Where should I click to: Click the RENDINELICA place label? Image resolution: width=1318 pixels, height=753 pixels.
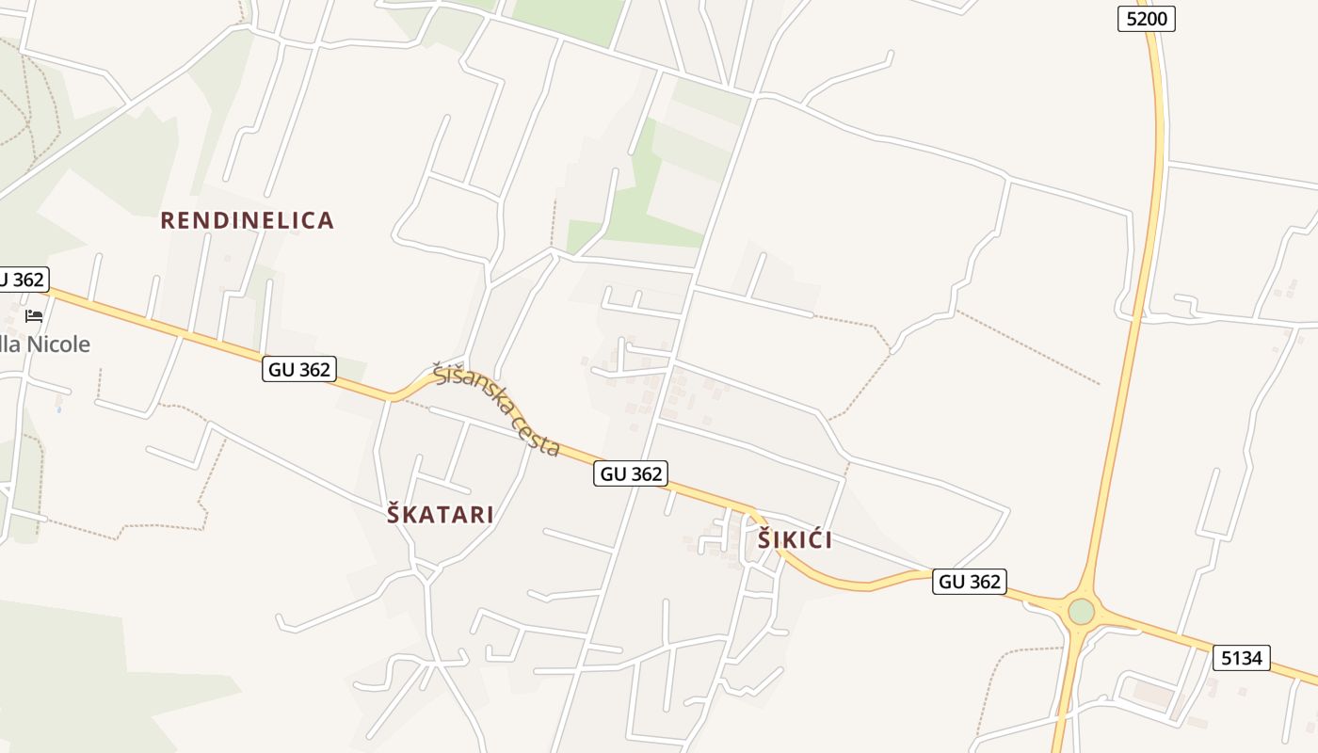[247, 220]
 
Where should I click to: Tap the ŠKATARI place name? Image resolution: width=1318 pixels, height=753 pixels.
[440, 515]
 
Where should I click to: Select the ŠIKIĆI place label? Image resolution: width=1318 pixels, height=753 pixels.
[795, 540]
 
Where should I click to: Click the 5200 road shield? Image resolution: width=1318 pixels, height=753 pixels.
[1146, 19]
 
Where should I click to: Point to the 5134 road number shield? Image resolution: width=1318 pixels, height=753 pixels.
[1241, 658]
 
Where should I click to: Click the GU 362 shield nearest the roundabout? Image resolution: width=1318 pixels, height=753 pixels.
[970, 582]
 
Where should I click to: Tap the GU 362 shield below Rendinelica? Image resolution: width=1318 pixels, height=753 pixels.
[299, 370]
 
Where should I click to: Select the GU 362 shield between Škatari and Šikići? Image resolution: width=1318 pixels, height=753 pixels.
[631, 473]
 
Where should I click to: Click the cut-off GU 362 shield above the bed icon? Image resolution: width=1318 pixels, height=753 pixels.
[21, 280]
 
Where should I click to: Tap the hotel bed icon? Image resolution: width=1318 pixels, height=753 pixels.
[34, 316]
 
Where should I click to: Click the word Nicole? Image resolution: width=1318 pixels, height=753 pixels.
[58, 344]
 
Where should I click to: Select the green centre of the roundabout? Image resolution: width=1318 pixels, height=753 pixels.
[1081, 612]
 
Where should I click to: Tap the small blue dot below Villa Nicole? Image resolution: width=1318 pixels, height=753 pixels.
[59, 409]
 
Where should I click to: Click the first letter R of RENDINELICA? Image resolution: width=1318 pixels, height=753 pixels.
[168, 220]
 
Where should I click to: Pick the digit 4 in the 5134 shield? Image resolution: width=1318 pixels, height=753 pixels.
[1257, 658]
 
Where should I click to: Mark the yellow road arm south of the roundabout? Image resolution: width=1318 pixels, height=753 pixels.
[1066, 697]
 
